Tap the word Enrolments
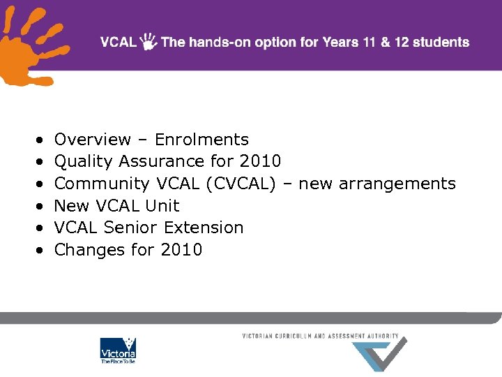(201, 140)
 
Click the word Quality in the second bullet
(83, 162)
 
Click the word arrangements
(397, 184)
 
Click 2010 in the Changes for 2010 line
(182, 249)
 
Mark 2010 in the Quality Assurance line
(260, 161)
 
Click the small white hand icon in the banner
(149, 42)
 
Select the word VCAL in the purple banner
(118, 42)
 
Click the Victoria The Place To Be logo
(118, 351)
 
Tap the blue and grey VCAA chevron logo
(379, 353)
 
